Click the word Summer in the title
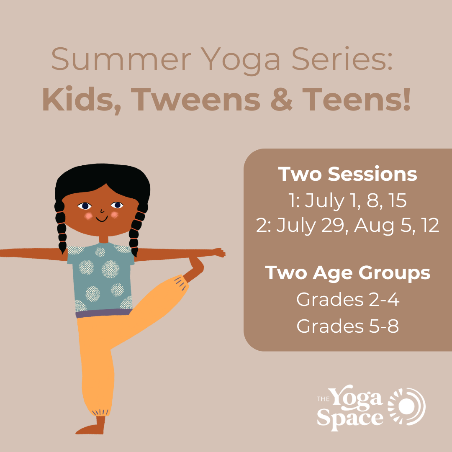point(121,59)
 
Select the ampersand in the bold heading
point(282,99)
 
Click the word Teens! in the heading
point(356,99)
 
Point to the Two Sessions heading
point(348,174)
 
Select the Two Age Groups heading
point(348,273)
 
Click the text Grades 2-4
point(348,300)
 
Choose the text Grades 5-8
point(348,326)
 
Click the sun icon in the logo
point(407,406)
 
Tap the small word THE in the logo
point(323,399)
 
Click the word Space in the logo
point(350,419)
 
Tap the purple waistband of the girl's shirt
point(104,313)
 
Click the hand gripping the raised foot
point(196,264)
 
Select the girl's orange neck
point(103,239)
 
